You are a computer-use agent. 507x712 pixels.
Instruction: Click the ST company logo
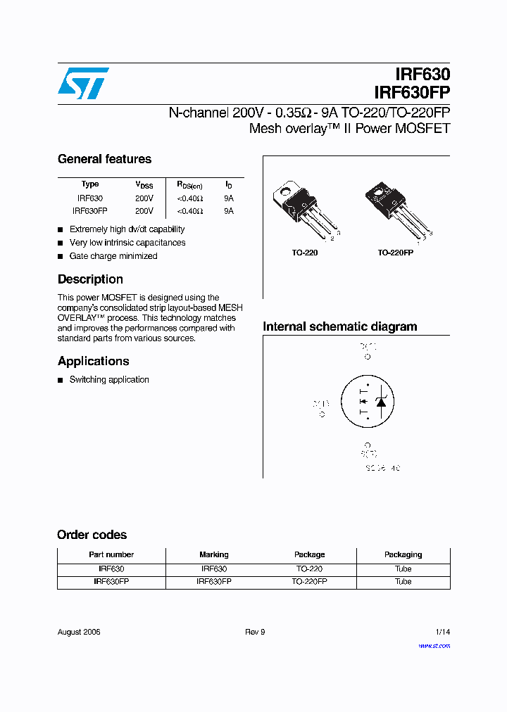pos(83,83)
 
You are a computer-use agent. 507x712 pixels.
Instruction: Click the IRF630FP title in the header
pos(413,92)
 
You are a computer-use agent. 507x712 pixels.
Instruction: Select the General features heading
pos(104,159)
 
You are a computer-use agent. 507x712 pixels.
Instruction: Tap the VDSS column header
pos(144,185)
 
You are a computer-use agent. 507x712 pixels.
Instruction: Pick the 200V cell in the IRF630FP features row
pos(144,211)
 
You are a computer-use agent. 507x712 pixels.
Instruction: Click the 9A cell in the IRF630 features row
pos(228,198)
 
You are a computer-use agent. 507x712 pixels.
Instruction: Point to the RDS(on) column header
pos(189,185)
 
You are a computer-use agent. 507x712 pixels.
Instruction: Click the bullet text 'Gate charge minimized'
pos(113,256)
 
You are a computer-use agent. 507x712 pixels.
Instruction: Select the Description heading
pos(90,279)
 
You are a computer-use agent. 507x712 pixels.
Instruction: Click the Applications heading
pos(93,361)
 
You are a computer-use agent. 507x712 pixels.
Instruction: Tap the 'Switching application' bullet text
pos(109,380)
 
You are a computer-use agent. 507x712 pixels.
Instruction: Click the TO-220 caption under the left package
pos(304,253)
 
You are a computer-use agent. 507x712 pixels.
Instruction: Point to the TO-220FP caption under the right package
pos(395,253)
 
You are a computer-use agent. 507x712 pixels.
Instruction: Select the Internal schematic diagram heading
pos(339,326)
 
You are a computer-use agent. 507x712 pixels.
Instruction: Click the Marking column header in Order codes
pos(214,554)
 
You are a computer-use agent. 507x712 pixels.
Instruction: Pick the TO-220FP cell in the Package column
pos(309,582)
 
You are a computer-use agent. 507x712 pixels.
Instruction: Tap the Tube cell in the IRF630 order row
pos(403,568)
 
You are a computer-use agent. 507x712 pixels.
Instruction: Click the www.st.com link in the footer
pos(434,646)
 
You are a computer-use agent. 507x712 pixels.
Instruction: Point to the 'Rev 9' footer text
pos(255,632)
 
